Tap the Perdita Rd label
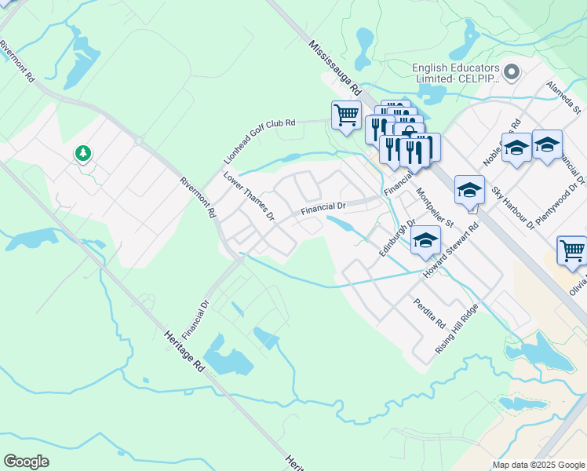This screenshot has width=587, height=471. [x=430, y=312]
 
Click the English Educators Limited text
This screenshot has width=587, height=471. [x=456, y=73]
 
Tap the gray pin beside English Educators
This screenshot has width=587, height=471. [x=512, y=73]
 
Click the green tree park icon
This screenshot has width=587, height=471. [x=82, y=152]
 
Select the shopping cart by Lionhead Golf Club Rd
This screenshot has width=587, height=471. [x=346, y=115]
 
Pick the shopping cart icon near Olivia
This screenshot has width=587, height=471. [x=571, y=250]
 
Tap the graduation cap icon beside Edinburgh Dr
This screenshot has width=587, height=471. [x=425, y=240]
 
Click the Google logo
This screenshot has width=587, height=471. [x=26, y=462]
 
